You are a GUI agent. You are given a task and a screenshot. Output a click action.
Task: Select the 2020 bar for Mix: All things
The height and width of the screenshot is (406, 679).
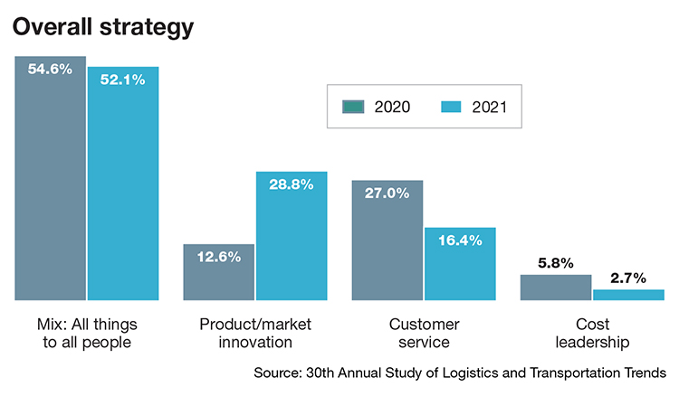pos(50,181)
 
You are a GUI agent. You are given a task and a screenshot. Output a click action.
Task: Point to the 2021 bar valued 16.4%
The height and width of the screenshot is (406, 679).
pos(460,267)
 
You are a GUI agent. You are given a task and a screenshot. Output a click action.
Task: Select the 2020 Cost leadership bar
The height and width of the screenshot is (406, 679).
pos(556,288)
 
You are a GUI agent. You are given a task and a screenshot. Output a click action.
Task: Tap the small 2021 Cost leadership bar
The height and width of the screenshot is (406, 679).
pos(628,295)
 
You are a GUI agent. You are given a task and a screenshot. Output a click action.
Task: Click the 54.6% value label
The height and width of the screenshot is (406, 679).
pos(50,69)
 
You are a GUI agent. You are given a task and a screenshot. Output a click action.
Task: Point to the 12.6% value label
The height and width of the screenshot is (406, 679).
pos(218,257)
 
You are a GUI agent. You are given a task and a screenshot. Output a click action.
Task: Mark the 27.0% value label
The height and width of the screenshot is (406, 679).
pos(387,193)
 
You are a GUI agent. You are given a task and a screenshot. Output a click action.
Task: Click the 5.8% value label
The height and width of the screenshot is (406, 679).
pos(556,263)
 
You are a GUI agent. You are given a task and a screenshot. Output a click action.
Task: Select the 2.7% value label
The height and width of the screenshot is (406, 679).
pos(628,278)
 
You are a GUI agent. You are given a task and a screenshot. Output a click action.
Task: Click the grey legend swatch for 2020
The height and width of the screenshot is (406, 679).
pos(352,107)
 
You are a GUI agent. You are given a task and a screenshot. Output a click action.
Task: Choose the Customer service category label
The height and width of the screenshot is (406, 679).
pos(424,333)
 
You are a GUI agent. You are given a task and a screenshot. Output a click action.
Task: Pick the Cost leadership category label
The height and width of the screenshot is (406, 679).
pos(592,333)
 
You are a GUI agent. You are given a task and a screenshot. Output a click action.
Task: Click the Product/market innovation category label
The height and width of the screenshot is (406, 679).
pos(255,333)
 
